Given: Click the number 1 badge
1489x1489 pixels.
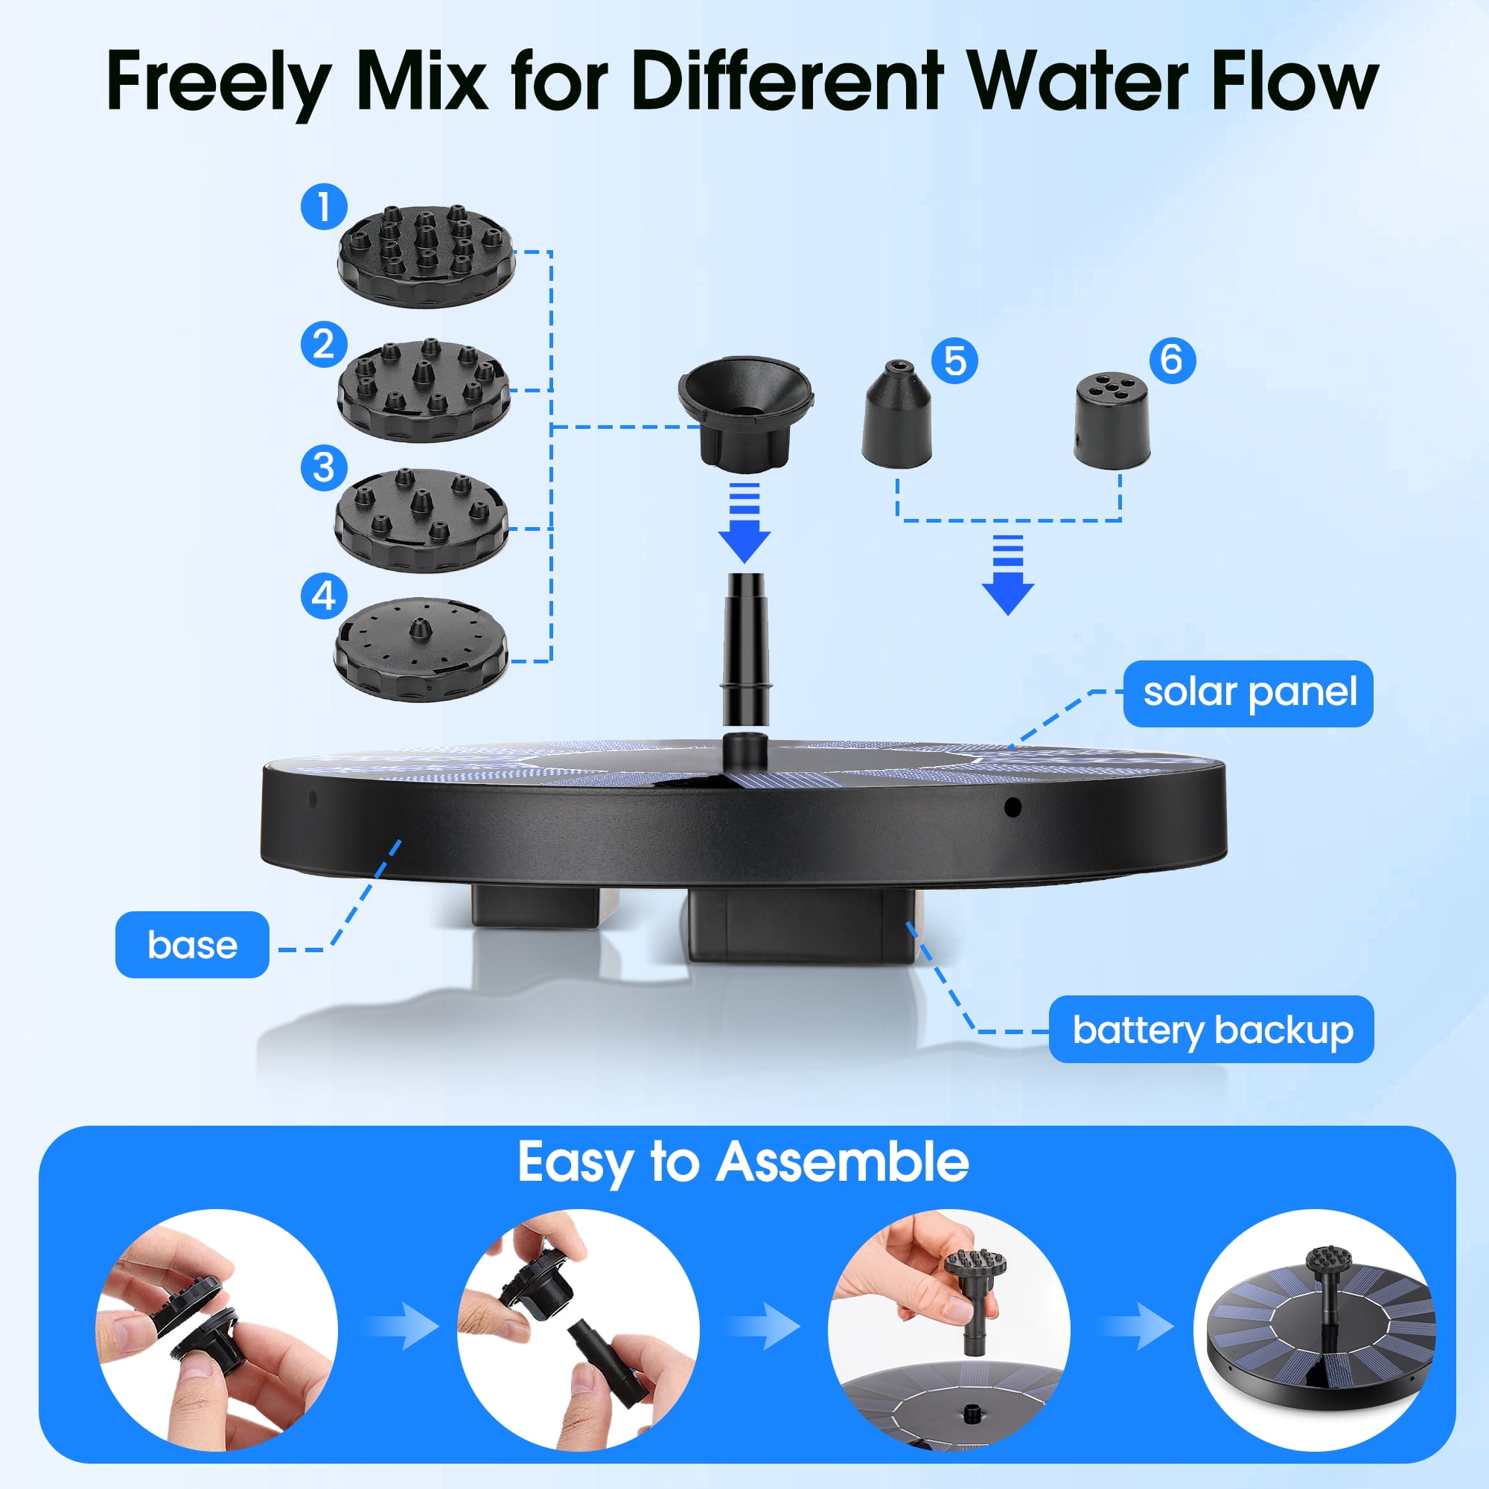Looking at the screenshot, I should pyautogui.click(x=324, y=206).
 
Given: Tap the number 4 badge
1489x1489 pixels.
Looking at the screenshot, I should pyautogui.click(x=324, y=595).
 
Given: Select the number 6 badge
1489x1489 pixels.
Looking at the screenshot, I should pyautogui.click(x=1171, y=360).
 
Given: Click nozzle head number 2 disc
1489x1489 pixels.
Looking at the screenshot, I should pyautogui.click(x=424, y=389).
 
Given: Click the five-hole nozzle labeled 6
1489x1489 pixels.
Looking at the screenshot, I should pyautogui.click(x=1112, y=421).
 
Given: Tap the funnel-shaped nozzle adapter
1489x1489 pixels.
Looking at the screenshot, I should pyautogui.click(x=744, y=412).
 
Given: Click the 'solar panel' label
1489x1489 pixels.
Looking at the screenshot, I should pyautogui.click(x=1248, y=693).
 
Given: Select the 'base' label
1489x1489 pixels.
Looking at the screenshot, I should pyautogui.click(x=192, y=945).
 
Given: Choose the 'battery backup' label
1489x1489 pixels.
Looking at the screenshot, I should pyautogui.click(x=1211, y=1030).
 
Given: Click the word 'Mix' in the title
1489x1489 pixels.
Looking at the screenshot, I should pyautogui.click(x=421, y=81).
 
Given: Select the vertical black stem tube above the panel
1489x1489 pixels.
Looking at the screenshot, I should pyautogui.click(x=744, y=648).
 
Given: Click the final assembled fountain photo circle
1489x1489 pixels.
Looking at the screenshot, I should pyautogui.click(x=1314, y=1330).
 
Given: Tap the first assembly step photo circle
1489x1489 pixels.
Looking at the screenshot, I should pyautogui.click(x=217, y=1330).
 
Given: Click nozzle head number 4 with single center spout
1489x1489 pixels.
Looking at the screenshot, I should pyautogui.click(x=421, y=649).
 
